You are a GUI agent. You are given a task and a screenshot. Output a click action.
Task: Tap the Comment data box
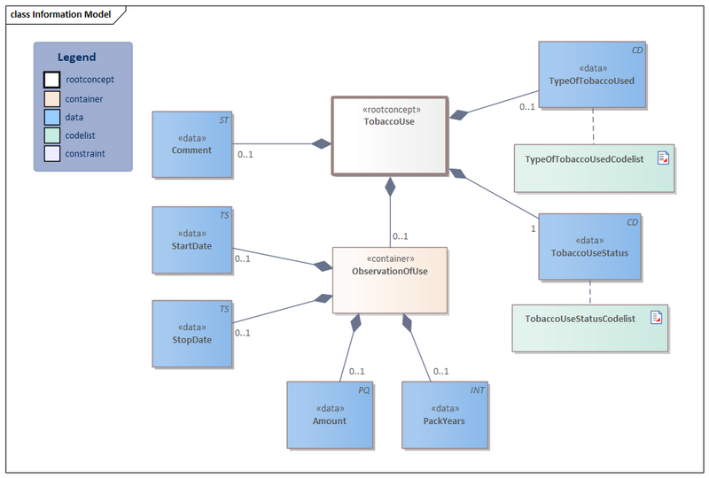point(191,145)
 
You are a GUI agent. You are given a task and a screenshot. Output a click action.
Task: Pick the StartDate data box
point(191,241)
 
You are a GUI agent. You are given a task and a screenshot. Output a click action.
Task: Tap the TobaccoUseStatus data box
point(589,246)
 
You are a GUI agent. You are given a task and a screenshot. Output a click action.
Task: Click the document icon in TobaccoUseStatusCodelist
point(657,317)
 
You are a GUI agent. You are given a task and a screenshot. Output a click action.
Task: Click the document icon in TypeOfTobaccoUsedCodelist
point(663,158)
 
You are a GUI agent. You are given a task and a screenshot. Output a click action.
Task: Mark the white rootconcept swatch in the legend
point(52,80)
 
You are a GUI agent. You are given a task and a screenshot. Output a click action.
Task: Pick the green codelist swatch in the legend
point(52,135)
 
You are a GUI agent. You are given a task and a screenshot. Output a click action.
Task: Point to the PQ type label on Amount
point(363,389)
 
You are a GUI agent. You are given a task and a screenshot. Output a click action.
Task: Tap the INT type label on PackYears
point(478,389)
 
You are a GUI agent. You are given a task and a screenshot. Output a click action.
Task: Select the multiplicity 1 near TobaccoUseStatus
point(532,228)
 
